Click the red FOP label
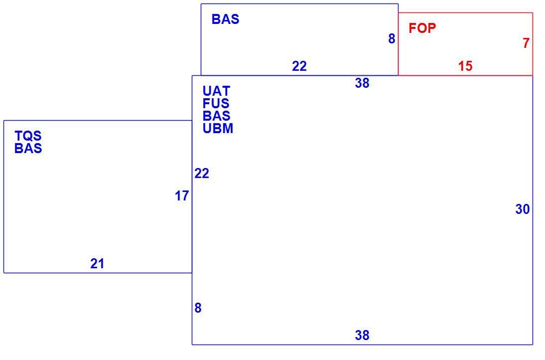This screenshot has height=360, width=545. pyautogui.click(x=422, y=28)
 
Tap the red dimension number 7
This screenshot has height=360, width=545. pyautogui.click(x=526, y=43)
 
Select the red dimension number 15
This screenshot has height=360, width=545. pyautogui.click(x=465, y=66)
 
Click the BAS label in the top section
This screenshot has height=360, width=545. pyautogui.click(x=225, y=19)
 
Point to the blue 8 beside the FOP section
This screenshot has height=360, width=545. pyautogui.click(x=392, y=38)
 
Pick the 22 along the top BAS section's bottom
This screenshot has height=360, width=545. pyautogui.click(x=299, y=66)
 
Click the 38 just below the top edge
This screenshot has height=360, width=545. pyautogui.click(x=362, y=83)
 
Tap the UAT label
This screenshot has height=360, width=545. pyautogui.click(x=216, y=91)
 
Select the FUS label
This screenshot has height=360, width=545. pyautogui.click(x=216, y=104)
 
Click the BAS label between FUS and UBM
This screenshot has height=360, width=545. pyautogui.click(x=216, y=116)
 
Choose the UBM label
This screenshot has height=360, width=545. pyautogui.click(x=218, y=128)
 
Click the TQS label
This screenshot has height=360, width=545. pyautogui.click(x=28, y=136)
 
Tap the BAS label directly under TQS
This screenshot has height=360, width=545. pyautogui.click(x=28, y=148)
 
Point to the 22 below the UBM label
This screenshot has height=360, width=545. pyautogui.click(x=202, y=173)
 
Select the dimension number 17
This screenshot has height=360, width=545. pyautogui.click(x=182, y=196)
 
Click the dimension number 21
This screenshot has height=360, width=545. pyautogui.click(x=97, y=264)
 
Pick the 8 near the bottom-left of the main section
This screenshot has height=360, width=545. pyautogui.click(x=198, y=308)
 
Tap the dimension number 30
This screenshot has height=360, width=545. pyautogui.click(x=523, y=209)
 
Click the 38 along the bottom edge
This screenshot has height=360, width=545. pyautogui.click(x=362, y=335)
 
